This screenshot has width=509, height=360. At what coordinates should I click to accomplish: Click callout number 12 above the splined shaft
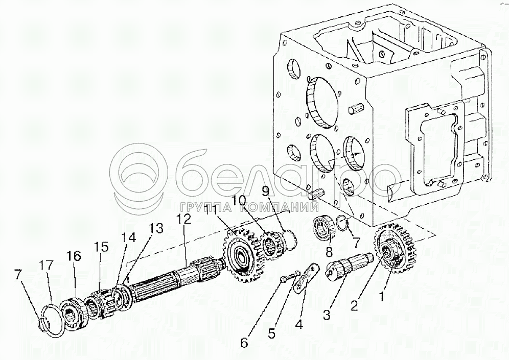183,220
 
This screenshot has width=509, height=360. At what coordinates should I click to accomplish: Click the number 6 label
244,343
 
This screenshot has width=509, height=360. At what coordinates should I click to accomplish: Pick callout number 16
75,255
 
